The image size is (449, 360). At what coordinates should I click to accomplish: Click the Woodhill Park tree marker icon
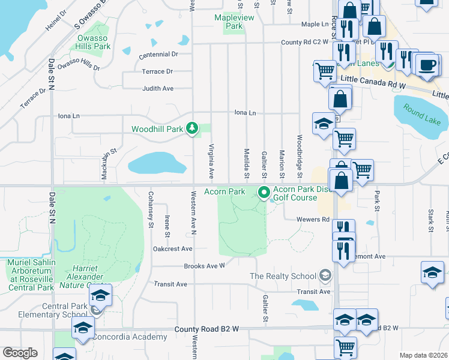click(191, 128)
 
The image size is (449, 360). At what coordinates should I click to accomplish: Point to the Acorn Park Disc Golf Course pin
click(264, 193)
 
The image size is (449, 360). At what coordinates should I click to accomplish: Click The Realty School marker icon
click(325, 275)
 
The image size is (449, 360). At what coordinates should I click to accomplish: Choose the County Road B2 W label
click(206, 329)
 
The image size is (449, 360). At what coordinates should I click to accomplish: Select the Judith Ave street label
click(157, 88)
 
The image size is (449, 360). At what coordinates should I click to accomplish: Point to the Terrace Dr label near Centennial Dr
click(157, 71)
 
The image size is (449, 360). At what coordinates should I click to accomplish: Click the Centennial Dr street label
click(158, 55)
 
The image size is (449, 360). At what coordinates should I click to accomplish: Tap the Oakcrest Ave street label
click(172, 248)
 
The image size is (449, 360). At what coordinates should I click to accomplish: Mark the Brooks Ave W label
click(204, 265)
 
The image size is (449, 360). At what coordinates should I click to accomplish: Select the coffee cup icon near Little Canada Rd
click(427, 65)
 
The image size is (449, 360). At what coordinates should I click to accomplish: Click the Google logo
click(20, 352)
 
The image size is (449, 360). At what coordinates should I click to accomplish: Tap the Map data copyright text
click(423, 355)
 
